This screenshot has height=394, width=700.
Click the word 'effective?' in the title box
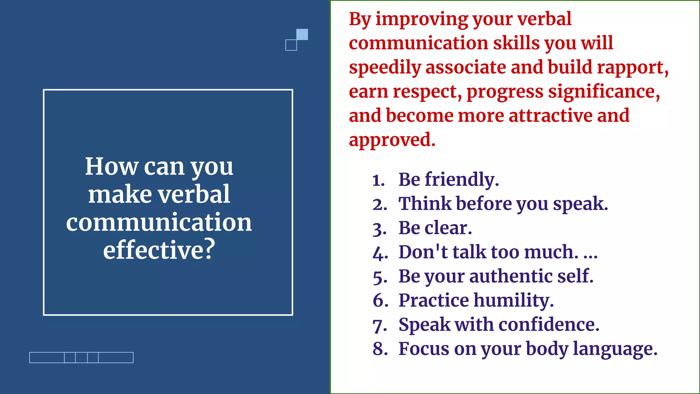pos(159,250)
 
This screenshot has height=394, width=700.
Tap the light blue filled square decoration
pos(302,35)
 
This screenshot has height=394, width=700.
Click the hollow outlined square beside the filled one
pos(291,45)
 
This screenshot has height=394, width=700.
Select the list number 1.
pos(378,180)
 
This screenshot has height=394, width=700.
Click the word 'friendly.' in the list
pos(462,180)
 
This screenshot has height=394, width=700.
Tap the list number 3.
pos(379,229)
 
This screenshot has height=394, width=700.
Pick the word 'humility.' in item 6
pos(514,301)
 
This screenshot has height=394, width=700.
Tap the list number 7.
pos(379,325)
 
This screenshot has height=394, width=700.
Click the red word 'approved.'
pos(392,140)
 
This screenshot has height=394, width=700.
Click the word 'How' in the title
pos(112,167)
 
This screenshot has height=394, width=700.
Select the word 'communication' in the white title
pos(159,222)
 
